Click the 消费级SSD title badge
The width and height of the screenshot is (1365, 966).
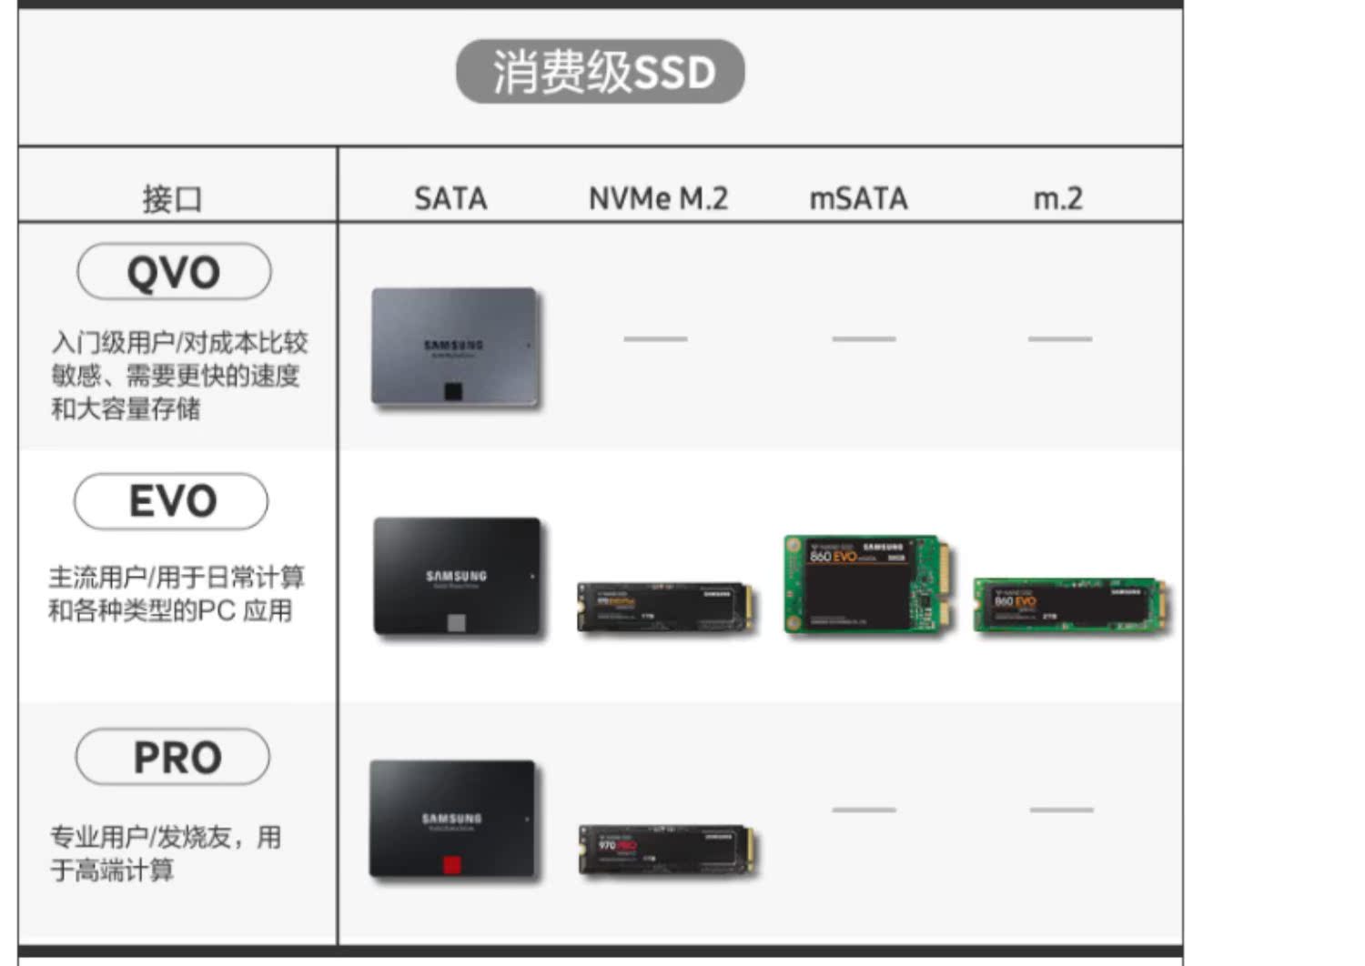(600, 71)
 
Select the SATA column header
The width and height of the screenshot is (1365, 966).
(450, 198)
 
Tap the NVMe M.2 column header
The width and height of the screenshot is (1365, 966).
(658, 198)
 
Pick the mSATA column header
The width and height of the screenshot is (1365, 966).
(858, 198)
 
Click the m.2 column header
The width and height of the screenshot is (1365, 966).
(1057, 198)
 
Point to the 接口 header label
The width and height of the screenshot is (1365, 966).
(172, 198)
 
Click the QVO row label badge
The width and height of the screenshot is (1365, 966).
(174, 271)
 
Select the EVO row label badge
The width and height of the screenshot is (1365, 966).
(172, 501)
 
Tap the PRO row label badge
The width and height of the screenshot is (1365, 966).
(173, 757)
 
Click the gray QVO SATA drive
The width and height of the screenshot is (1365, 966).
(455, 347)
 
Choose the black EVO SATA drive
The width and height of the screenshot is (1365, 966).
(457, 577)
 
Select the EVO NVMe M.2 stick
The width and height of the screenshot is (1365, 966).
(666, 607)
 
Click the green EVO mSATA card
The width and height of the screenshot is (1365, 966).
(870, 584)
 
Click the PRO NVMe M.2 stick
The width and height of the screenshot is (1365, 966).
(667, 850)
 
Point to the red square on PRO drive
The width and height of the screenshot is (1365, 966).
(452, 863)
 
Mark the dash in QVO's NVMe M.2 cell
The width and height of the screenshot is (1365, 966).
(655, 338)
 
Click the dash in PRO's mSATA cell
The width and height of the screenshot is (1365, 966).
(864, 809)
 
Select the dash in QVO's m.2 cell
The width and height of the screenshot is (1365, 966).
(1059, 338)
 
